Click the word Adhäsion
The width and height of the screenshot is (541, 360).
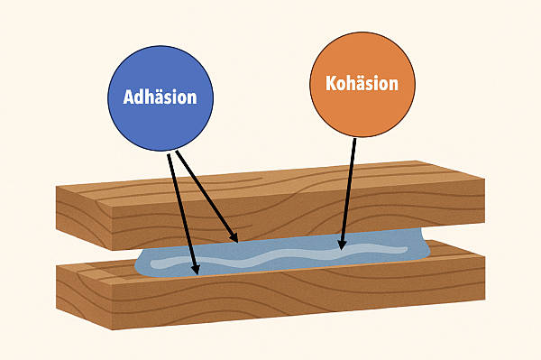(159, 97)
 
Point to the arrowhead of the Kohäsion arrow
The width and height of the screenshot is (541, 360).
(342, 244)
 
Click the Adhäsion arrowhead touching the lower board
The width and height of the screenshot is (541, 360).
(196, 268)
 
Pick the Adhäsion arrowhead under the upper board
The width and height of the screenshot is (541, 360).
(234, 238)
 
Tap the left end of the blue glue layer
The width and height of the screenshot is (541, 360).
(141, 264)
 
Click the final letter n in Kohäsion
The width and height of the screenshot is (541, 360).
(392, 84)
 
